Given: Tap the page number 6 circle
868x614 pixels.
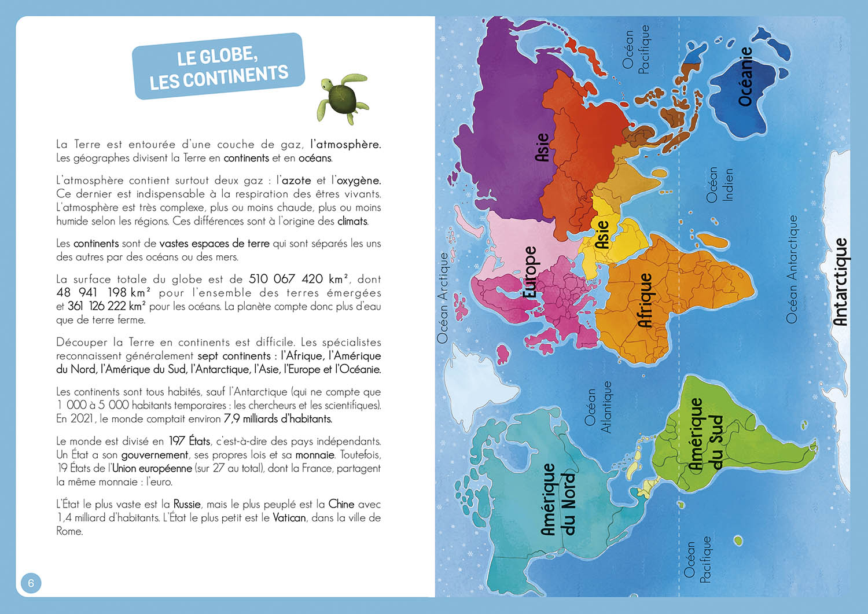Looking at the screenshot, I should (x=31, y=583).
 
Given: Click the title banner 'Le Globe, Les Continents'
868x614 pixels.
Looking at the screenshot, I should (x=218, y=66).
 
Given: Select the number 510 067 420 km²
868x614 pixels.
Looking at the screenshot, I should (x=299, y=279).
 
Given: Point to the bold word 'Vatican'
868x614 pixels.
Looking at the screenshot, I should (x=289, y=517).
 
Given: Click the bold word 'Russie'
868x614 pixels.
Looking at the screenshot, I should (x=187, y=504).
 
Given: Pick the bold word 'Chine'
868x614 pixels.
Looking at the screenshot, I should (x=341, y=504).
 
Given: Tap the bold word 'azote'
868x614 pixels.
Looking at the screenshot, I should (x=296, y=181).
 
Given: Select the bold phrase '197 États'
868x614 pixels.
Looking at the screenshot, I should (x=189, y=441).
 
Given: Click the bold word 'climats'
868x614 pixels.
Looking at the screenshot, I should (x=352, y=221).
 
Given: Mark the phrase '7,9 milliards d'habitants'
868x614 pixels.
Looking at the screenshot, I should (x=278, y=418).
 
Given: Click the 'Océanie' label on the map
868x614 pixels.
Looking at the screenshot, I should (x=746, y=76).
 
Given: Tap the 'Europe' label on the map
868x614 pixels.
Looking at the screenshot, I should (x=529, y=272).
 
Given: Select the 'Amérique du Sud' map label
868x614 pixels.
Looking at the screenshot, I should (x=705, y=434).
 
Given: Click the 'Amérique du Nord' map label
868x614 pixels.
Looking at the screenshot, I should (x=558, y=499).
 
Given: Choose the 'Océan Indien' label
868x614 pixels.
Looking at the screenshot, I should (x=719, y=185).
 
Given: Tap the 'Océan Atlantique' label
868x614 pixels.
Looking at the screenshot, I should (x=598, y=406).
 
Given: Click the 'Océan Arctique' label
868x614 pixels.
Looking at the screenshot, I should (x=443, y=297).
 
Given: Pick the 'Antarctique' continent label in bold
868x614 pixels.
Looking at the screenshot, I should (x=840, y=282).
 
